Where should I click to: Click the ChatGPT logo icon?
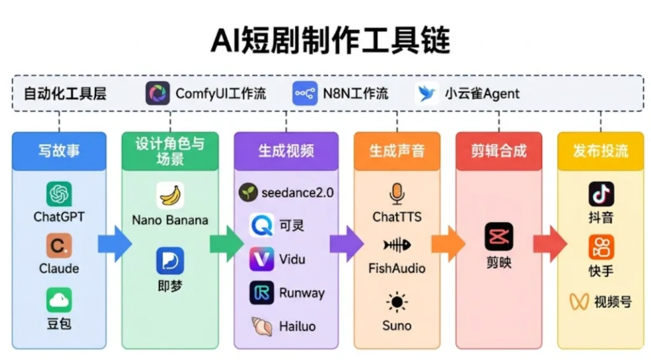click(59, 194)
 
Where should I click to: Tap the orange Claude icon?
click(59, 246)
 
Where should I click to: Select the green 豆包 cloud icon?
click(59, 300)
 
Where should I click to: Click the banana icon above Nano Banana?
click(170, 195)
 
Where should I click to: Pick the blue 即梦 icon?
click(170, 261)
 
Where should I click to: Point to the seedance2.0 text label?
click(297, 193)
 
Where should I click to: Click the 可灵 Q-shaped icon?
click(262, 225)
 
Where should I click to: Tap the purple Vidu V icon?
click(262, 259)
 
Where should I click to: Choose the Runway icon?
click(262, 293)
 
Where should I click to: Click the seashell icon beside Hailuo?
click(262, 326)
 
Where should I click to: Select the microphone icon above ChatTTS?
click(397, 194)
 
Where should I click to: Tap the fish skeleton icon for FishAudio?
click(397, 245)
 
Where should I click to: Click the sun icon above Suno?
click(397, 303)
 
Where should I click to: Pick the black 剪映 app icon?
click(498, 237)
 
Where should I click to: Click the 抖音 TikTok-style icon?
click(601, 194)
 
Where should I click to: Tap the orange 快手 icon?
click(601, 247)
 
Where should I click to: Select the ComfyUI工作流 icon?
click(158, 93)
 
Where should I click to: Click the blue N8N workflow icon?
click(304, 93)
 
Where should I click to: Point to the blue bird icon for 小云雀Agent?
click(427, 93)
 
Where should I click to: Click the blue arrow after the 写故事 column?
click(115, 244)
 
